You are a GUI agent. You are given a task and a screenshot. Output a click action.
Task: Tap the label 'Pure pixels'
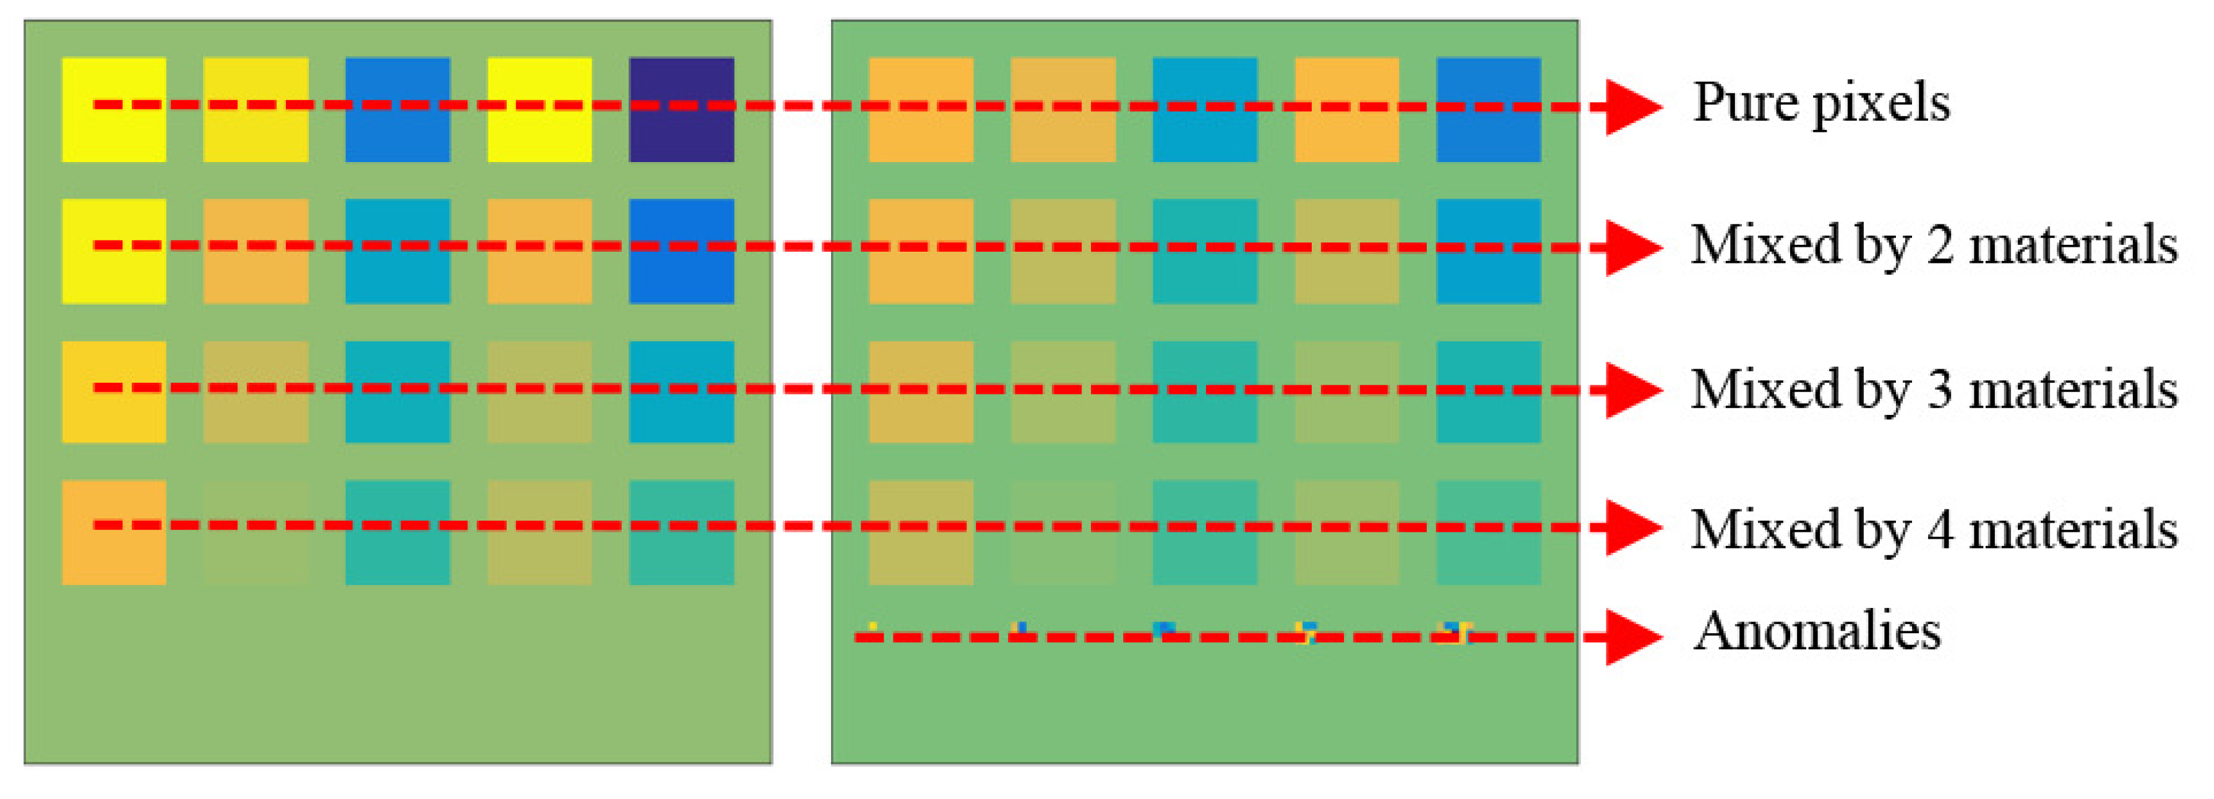point(1820,104)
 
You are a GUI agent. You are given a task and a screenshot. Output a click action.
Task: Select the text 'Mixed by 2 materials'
point(1934,246)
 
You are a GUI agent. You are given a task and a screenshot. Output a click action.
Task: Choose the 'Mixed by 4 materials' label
point(1934,529)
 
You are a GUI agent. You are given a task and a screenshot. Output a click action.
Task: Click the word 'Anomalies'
point(1816,631)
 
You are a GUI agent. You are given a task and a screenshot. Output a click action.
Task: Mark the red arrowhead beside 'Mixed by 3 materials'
point(1633,390)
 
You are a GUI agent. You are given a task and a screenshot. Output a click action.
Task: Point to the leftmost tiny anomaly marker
point(872,626)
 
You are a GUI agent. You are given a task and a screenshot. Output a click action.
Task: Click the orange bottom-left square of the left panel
point(113,532)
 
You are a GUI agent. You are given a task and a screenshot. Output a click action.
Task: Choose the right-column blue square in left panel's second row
point(681,251)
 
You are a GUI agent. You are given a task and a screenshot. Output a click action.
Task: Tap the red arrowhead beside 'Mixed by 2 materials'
point(1633,247)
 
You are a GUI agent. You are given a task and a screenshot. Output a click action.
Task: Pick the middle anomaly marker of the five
point(1165,629)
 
